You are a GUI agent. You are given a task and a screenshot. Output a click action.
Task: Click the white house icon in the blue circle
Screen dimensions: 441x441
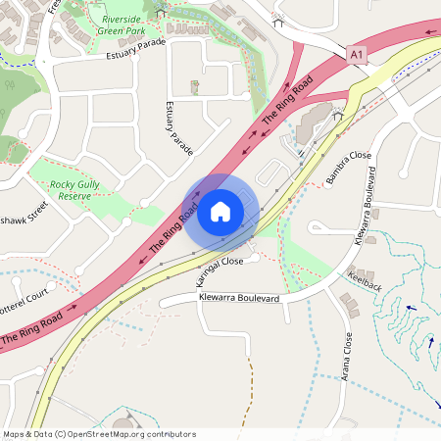[220, 211]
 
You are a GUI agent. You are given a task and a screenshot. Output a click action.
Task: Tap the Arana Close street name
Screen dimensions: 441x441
[348, 358]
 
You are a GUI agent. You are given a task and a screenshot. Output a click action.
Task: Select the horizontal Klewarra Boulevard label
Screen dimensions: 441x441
[239, 296]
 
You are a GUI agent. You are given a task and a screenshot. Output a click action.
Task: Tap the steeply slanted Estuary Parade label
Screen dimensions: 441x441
[179, 128]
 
